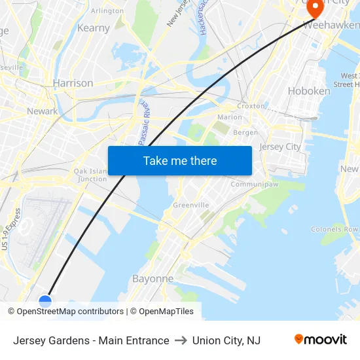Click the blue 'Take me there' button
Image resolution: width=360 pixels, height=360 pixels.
(180, 160)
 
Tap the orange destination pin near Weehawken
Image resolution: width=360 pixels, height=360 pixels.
(315, 8)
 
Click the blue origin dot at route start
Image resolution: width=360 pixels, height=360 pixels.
(45, 301)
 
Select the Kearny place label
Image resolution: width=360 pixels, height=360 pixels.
(94, 28)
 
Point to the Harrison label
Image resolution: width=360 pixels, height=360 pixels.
(73, 83)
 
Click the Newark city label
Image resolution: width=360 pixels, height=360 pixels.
(42, 111)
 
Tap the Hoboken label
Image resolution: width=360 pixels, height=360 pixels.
(309, 91)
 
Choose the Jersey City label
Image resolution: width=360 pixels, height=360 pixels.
(280, 147)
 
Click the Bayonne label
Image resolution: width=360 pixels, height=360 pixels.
(153, 278)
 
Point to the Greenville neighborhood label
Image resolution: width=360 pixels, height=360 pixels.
(191, 205)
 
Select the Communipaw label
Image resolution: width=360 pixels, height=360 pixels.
(255, 184)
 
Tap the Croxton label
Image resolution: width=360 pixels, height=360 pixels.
(251, 105)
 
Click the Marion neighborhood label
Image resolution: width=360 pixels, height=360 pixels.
(230, 118)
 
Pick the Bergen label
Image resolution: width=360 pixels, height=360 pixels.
(245, 132)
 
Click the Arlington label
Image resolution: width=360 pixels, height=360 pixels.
(107, 11)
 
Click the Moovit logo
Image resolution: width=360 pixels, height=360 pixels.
(321, 340)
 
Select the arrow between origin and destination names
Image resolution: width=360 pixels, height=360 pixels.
(181, 340)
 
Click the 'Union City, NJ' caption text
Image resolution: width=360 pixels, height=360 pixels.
(226, 340)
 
